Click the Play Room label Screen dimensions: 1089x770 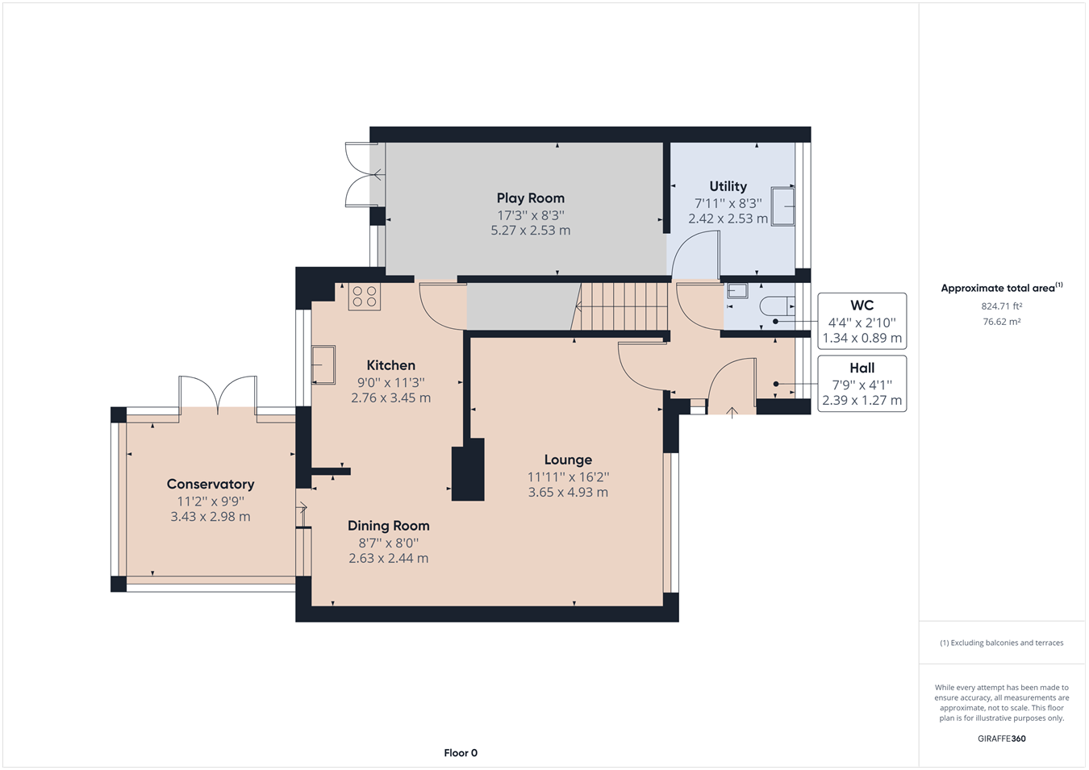click(x=531, y=198)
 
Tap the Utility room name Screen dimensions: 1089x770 click(x=728, y=186)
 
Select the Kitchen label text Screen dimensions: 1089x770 click(x=391, y=365)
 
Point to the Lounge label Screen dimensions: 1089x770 click(x=568, y=460)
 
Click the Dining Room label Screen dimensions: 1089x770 click(x=389, y=526)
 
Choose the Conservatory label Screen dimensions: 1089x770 click(x=211, y=484)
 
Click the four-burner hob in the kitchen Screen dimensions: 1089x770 click(x=364, y=297)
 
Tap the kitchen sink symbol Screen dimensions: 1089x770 click(x=323, y=364)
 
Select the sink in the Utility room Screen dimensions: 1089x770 click(x=782, y=206)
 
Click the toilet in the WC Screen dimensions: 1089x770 click(x=777, y=306)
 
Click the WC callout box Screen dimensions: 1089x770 click(x=862, y=321)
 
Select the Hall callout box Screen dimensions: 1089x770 click(x=862, y=384)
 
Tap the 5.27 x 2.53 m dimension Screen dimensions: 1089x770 click(x=531, y=231)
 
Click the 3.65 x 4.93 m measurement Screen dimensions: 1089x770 click(x=568, y=492)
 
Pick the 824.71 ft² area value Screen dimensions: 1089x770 click(x=1002, y=306)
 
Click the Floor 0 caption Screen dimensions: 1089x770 click(x=461, y=753)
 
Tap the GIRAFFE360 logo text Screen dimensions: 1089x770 click(x=1002, y=739)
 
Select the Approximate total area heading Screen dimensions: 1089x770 click(x=1002, y=288)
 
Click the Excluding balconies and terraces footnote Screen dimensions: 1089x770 click(x=1002, y=643)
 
